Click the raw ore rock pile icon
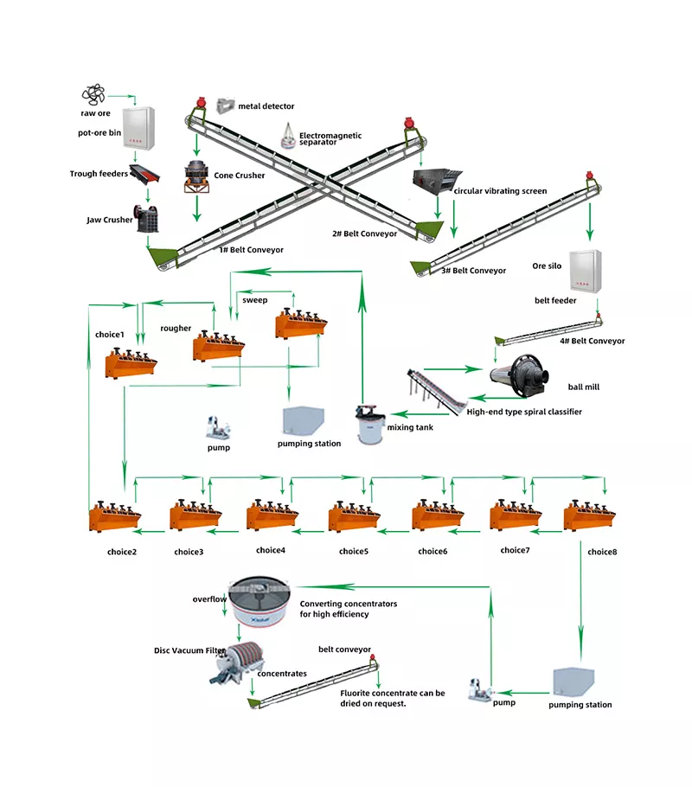click(93, 94)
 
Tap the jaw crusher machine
click(146, 219)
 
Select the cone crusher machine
click(196, 176)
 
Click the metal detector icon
click(226, 106)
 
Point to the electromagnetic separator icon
click(288, 136)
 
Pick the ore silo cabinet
click(585, 271)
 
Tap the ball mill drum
click(519, 376)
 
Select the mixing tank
click(370, 424)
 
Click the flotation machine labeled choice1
click(131, 363)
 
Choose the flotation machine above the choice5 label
click(354, 515)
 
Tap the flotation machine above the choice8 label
click(589, 515)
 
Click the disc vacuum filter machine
click(237, 662)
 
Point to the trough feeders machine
click(144, 174)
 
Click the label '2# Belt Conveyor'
click(364, 234)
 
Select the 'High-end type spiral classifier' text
click(524, 412)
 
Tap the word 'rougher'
click(176, 329)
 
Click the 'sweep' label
click(254, 300)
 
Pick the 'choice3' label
click(189, 552)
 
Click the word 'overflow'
click(209, 598)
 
